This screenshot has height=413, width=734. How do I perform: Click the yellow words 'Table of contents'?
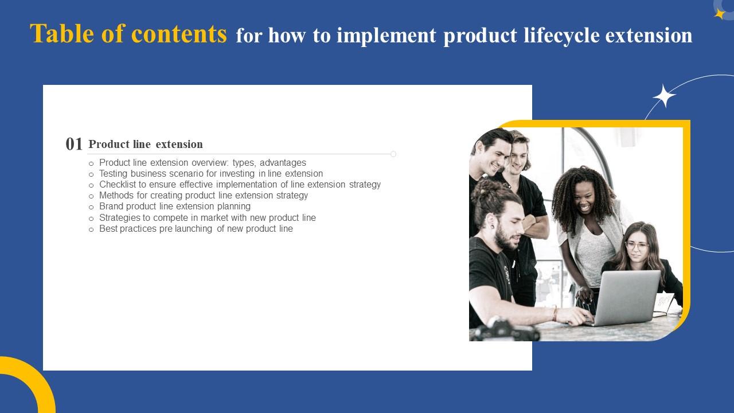click(128, 34)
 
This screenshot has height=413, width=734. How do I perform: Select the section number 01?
click(75, 144)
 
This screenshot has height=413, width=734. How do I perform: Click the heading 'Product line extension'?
click(146, 144)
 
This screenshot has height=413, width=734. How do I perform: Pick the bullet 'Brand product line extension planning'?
click(174, 206)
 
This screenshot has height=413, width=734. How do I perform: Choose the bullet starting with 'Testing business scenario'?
click(210, 174)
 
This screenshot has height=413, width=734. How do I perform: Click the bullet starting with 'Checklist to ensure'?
click(240, 185)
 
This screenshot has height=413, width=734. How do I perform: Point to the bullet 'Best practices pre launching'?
click(196, 229)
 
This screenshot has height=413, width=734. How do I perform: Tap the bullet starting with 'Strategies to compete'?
click(207, 218)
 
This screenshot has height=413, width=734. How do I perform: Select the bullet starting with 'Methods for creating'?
click(203, 196)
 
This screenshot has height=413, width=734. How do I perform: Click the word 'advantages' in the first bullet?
click(283, 163)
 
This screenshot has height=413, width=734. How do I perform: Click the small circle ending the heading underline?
click(393, 154)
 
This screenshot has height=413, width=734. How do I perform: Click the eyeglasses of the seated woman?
click(637, 246)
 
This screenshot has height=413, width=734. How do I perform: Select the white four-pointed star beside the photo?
click(664, 96)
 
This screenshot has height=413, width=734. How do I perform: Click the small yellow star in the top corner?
click(720, 14)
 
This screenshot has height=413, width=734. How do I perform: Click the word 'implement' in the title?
click(387, 36)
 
